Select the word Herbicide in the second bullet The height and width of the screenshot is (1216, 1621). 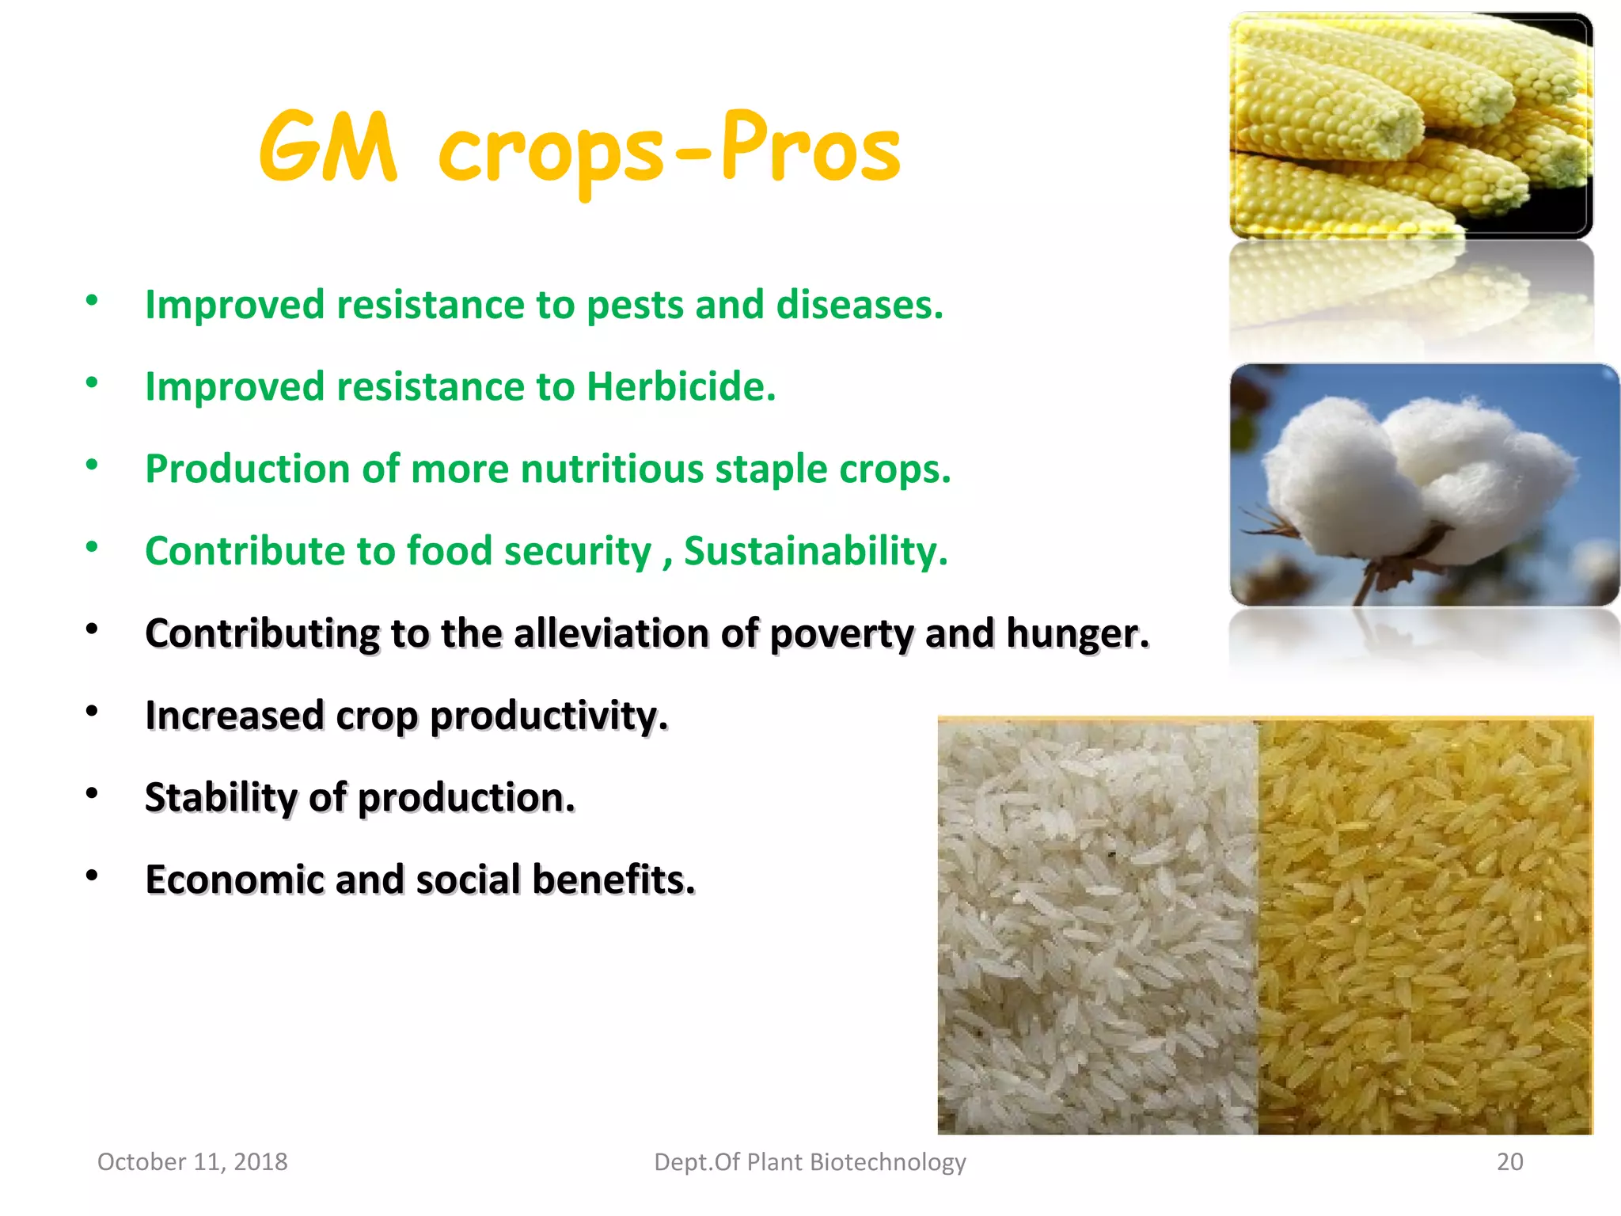coord(680,387)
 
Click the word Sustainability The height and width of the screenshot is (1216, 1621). coord(815,551)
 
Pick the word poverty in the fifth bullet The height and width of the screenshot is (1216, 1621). coord(841,634)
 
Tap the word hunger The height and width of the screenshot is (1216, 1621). coord(1076,634)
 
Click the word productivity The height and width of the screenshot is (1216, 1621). coord(549,716)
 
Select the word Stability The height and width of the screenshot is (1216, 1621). coord(221,798)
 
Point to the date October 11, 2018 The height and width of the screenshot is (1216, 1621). coord(192,1161)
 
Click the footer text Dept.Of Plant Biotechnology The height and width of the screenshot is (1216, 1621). coord(810,1161)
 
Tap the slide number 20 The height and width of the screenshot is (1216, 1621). coord(1509,1161)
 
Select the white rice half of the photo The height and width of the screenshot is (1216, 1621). coord(1097,926)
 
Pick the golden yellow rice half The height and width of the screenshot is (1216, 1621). coord(1425,926)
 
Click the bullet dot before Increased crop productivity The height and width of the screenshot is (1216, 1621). coord(92,711)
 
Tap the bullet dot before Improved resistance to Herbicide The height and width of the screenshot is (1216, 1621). coord(92,382)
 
